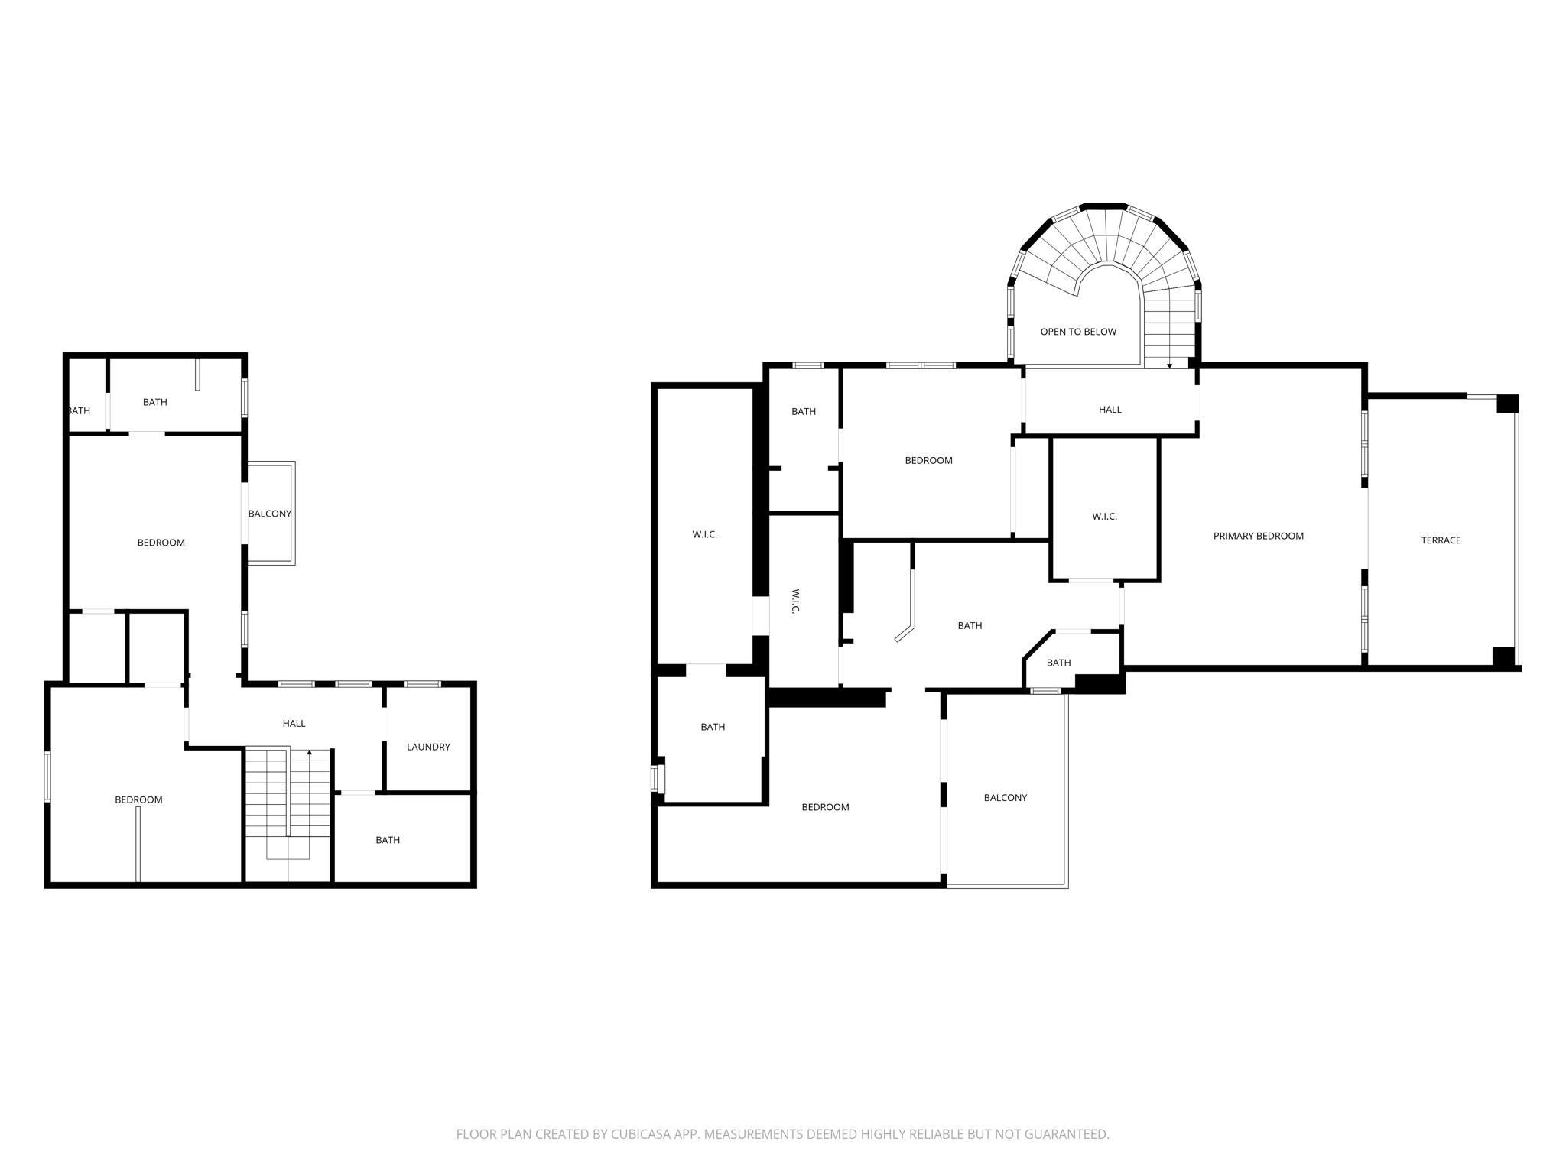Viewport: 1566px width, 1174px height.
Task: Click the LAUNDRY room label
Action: (428, 747)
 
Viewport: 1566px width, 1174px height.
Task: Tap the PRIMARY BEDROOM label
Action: (1258, 536)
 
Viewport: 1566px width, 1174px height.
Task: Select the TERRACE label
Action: (1441, 540)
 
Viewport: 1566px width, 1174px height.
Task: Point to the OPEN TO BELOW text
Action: (1078, 332)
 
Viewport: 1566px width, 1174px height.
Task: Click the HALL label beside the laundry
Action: (294, 723)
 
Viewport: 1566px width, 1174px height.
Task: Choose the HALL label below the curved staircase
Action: (1110, 410)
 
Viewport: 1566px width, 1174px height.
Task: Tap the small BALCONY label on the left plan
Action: (269, 514)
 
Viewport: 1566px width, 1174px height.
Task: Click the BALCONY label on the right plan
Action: (1005, 798)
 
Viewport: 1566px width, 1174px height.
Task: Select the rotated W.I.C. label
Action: (795, 601)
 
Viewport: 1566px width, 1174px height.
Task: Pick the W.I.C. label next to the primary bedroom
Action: (1104, 517)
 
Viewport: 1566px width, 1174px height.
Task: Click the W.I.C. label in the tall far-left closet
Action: (704, 534)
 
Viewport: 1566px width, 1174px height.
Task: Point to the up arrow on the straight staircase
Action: (309, 753)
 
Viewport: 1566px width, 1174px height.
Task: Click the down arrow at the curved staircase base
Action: (1169, 366)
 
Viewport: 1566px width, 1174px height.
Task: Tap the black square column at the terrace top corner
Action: (1507, 404)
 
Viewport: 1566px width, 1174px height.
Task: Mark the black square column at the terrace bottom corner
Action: (1503, 657)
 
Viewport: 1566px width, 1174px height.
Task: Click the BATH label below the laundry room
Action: (388, 840)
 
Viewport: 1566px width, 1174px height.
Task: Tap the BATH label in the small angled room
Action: (1058, 663)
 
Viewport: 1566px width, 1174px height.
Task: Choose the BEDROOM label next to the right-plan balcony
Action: (825, 807)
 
